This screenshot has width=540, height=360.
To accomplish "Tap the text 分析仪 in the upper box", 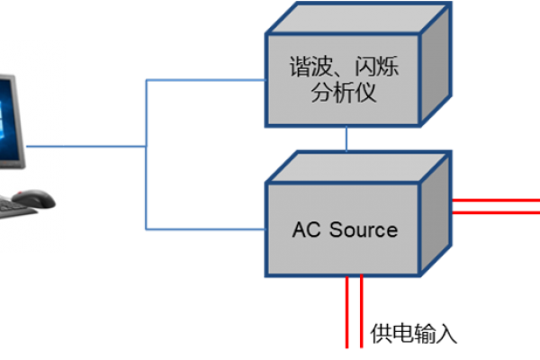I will [344, 93].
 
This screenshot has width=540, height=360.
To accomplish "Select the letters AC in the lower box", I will [307, 229].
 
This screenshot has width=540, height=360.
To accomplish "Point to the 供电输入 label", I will [414, 334].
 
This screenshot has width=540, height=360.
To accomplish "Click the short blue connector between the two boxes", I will [346, 139].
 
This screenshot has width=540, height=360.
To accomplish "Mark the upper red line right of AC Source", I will [495, 199].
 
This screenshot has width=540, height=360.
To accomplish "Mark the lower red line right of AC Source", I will [495, 213].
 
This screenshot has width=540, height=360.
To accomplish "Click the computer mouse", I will [32, 195].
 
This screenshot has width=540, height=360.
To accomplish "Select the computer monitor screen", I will [8, 117].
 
